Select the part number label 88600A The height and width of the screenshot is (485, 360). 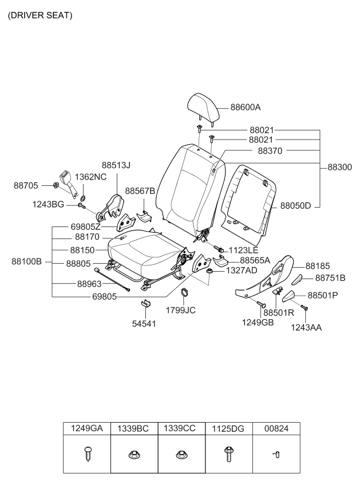coord(246,107)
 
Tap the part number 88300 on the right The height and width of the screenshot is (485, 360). coord(341,168)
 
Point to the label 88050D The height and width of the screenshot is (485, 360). coord(295,205)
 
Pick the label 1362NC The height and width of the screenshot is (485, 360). coord(90,177)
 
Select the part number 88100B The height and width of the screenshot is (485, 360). coord(27,261)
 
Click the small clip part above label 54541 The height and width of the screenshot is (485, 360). coord(146,303)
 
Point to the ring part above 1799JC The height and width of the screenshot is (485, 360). coord(185,294)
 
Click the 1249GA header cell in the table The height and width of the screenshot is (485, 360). coord(86,428)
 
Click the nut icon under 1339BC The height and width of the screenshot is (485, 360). coord(133,455)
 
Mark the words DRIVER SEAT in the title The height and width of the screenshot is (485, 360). coord(39,15)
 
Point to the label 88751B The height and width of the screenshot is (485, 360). coord(331,279)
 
